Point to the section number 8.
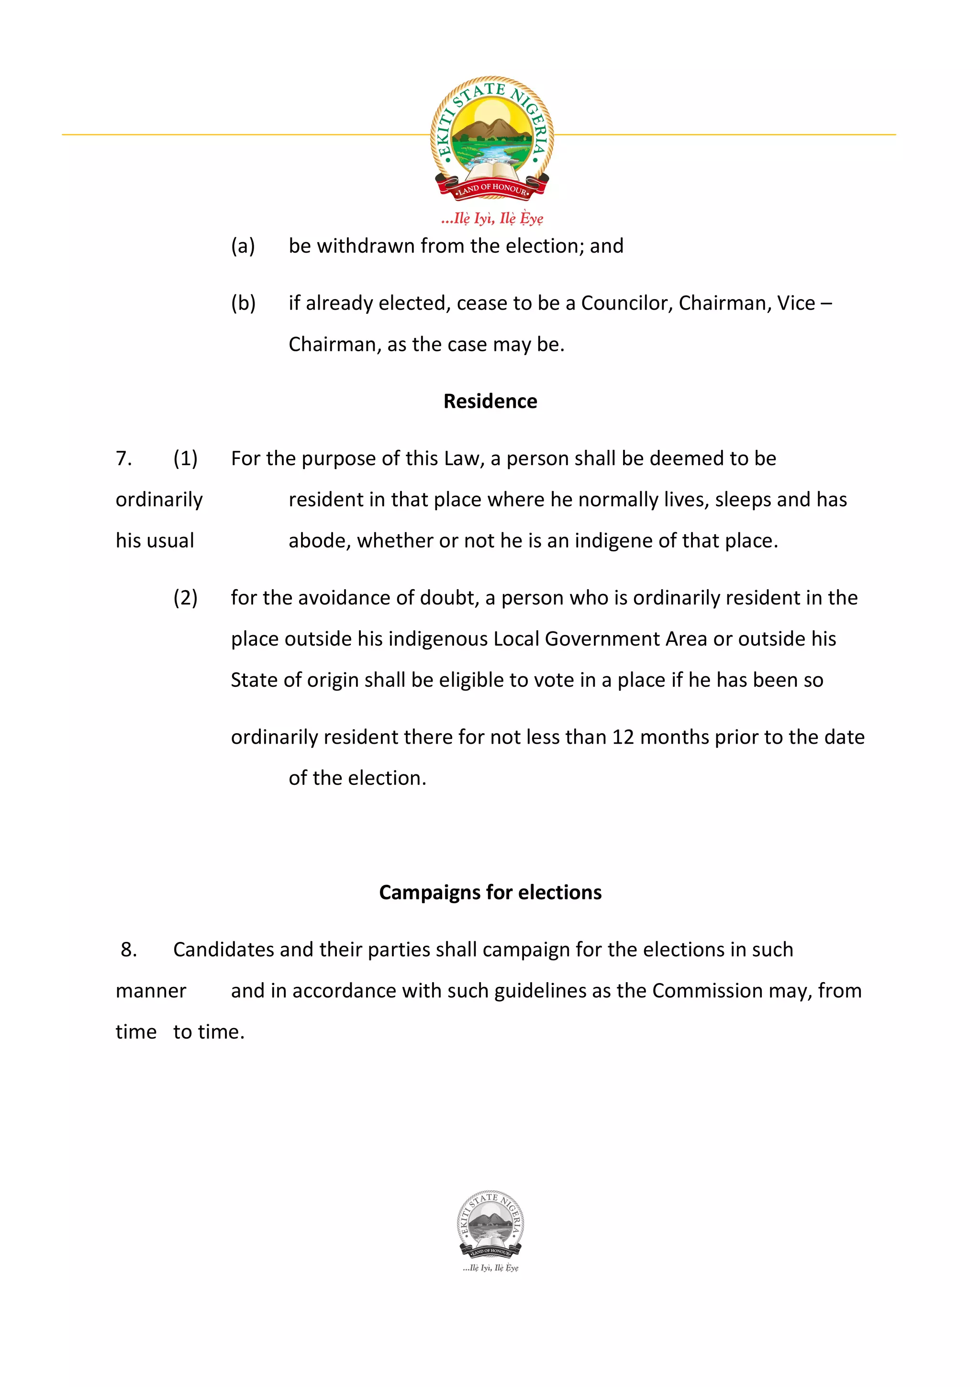[x=129, y=950]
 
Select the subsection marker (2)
[x=185, y=597]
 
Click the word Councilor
[x=627, y=302]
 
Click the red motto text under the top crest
[x=492, y=218]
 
